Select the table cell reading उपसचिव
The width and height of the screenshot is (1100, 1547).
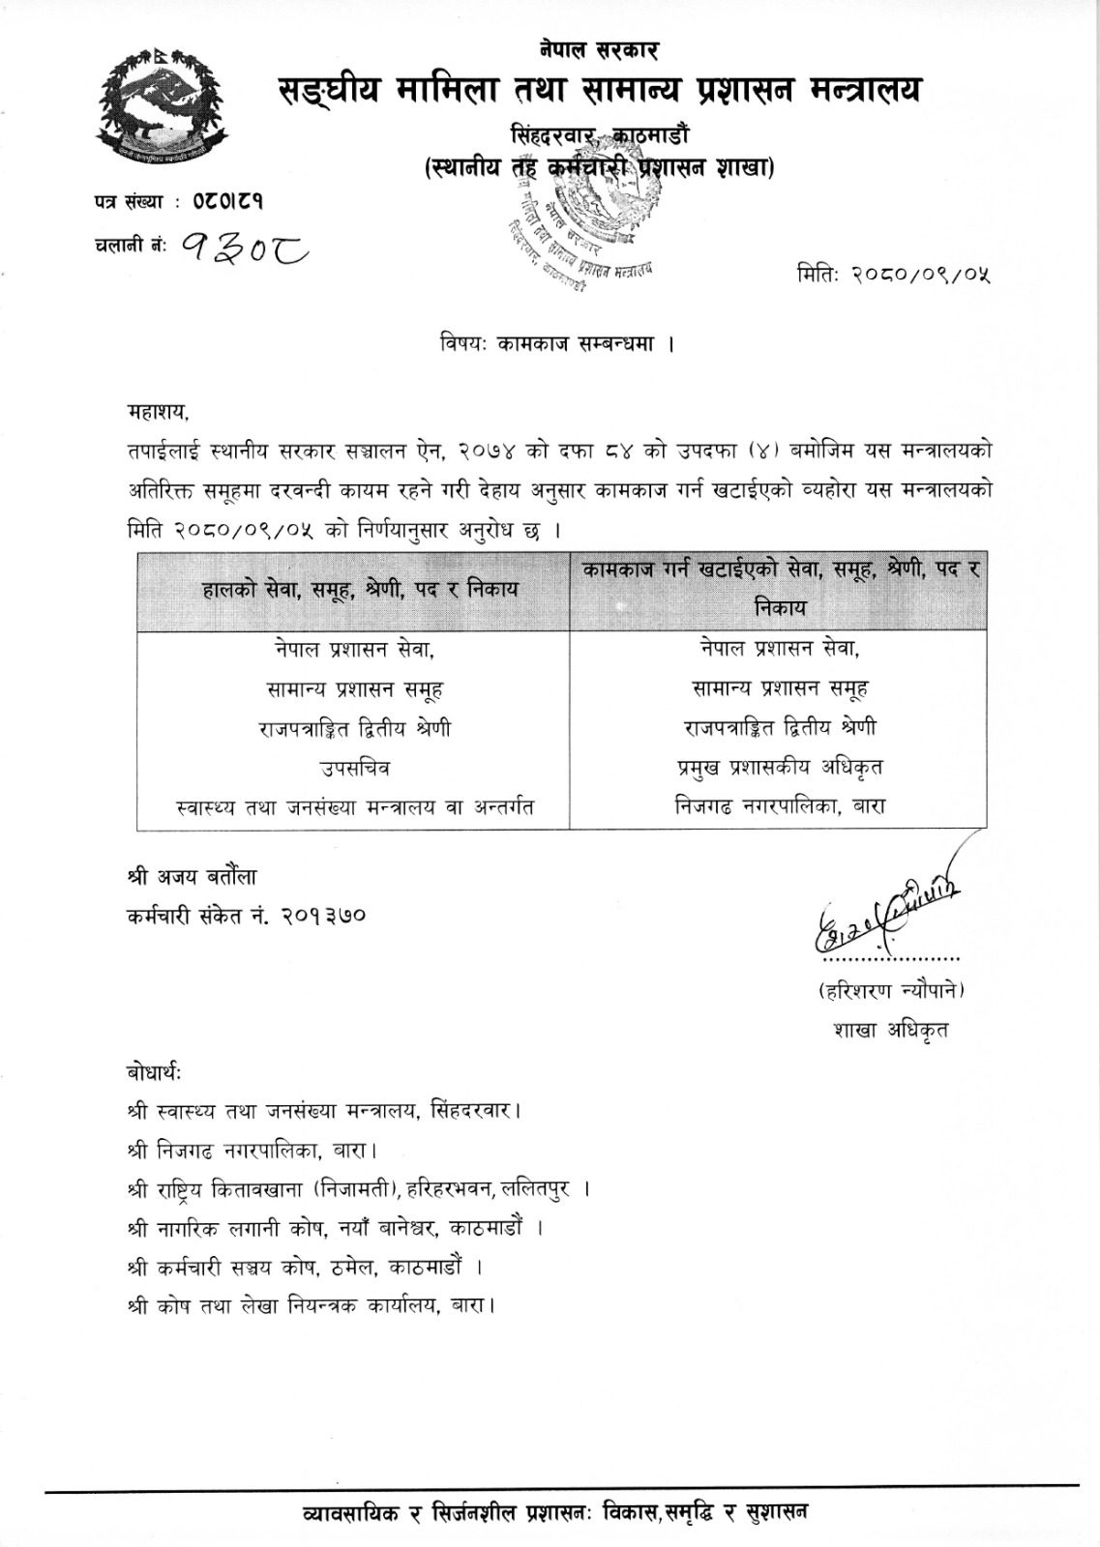tap(354, 768)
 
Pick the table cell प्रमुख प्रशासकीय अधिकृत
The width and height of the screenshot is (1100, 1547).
tap(779, 768)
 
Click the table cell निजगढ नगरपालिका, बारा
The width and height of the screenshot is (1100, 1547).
tap(779, 805)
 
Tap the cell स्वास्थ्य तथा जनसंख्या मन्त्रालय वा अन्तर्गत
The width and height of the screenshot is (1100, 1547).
tap(353, 806)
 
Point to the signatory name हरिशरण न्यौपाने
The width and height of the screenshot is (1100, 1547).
tap(890, 991)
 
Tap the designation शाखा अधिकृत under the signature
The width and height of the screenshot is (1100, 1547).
tap(890, 1031)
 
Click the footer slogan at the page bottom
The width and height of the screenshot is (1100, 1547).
tap(554, 1510)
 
